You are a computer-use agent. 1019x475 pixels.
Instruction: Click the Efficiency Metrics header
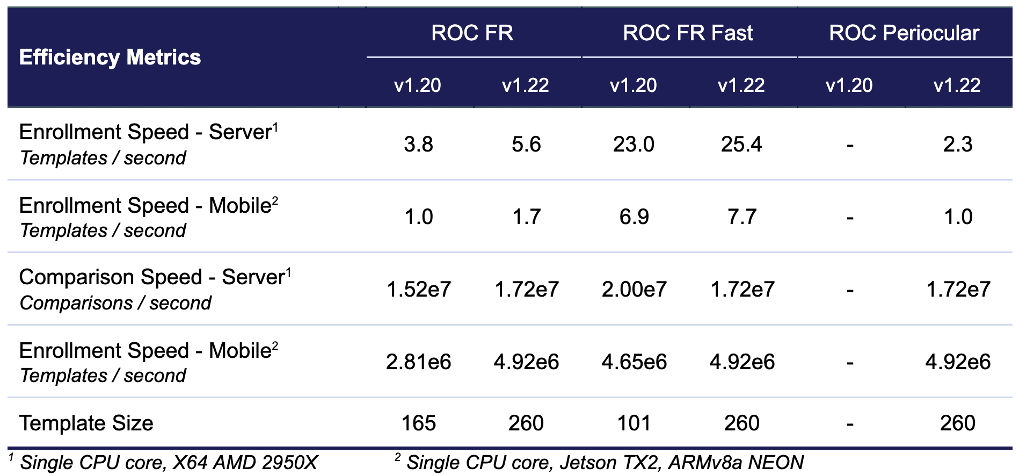110,57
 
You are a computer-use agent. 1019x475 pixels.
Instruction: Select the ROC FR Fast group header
688,33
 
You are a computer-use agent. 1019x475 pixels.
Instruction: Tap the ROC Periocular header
904,33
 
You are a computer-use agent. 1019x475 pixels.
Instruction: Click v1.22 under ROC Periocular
957,85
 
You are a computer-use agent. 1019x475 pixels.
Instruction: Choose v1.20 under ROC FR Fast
634,85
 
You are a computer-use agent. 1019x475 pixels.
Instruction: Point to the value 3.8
419,144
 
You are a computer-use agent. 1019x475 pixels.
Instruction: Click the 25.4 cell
741,144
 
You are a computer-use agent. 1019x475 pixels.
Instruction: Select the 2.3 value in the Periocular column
958,144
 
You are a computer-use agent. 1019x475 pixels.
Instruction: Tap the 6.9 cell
634,217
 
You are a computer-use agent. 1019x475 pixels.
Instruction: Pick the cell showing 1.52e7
419,289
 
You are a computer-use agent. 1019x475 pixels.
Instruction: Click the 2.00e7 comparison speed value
634,289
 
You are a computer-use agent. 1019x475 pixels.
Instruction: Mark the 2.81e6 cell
419,362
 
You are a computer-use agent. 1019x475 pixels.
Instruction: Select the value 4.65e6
634,362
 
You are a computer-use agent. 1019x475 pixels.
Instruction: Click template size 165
419,423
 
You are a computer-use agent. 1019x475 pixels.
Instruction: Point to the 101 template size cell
634,423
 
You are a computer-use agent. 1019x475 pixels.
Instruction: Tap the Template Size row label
86,423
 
